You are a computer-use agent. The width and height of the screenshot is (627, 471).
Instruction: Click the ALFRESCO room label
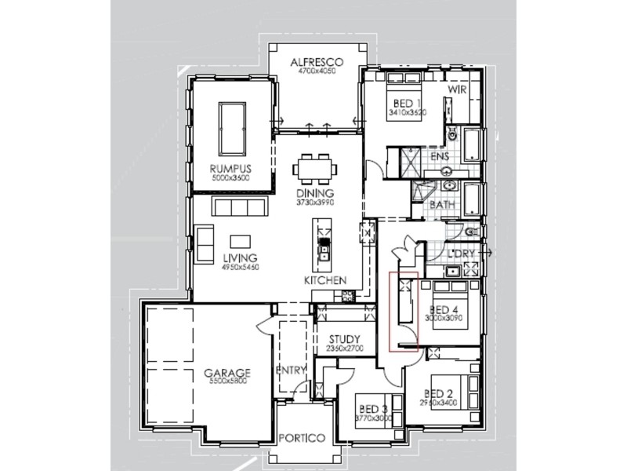317,61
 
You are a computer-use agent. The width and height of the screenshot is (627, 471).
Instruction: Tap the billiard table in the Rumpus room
230,123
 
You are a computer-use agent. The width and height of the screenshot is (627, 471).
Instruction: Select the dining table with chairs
315,170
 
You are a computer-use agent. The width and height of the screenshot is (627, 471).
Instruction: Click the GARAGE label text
227,372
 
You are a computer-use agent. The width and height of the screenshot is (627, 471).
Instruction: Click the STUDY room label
346,339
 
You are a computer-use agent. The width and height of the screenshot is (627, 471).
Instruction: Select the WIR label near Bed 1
458,91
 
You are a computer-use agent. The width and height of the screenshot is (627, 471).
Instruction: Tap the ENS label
440,157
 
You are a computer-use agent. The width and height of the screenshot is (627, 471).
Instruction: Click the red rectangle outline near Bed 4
404,311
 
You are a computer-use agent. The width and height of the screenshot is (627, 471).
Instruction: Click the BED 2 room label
440,393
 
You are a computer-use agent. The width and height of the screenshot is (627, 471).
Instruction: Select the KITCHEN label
325,280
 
